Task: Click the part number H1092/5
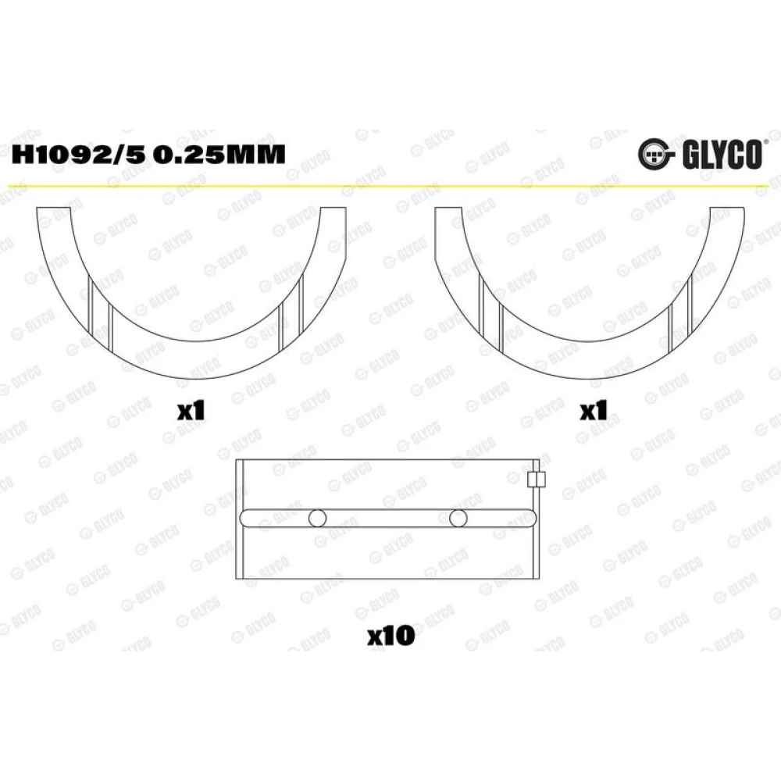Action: (x=78, y=154)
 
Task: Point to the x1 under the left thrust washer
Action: (x=191, y=412)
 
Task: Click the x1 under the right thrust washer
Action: (x=594, y=412)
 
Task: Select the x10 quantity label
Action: (x=391, y=636)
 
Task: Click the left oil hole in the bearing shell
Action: (x=317, y=518)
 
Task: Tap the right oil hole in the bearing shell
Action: (x=458, y=518)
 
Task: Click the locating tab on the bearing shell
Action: (x=536, y=480)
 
